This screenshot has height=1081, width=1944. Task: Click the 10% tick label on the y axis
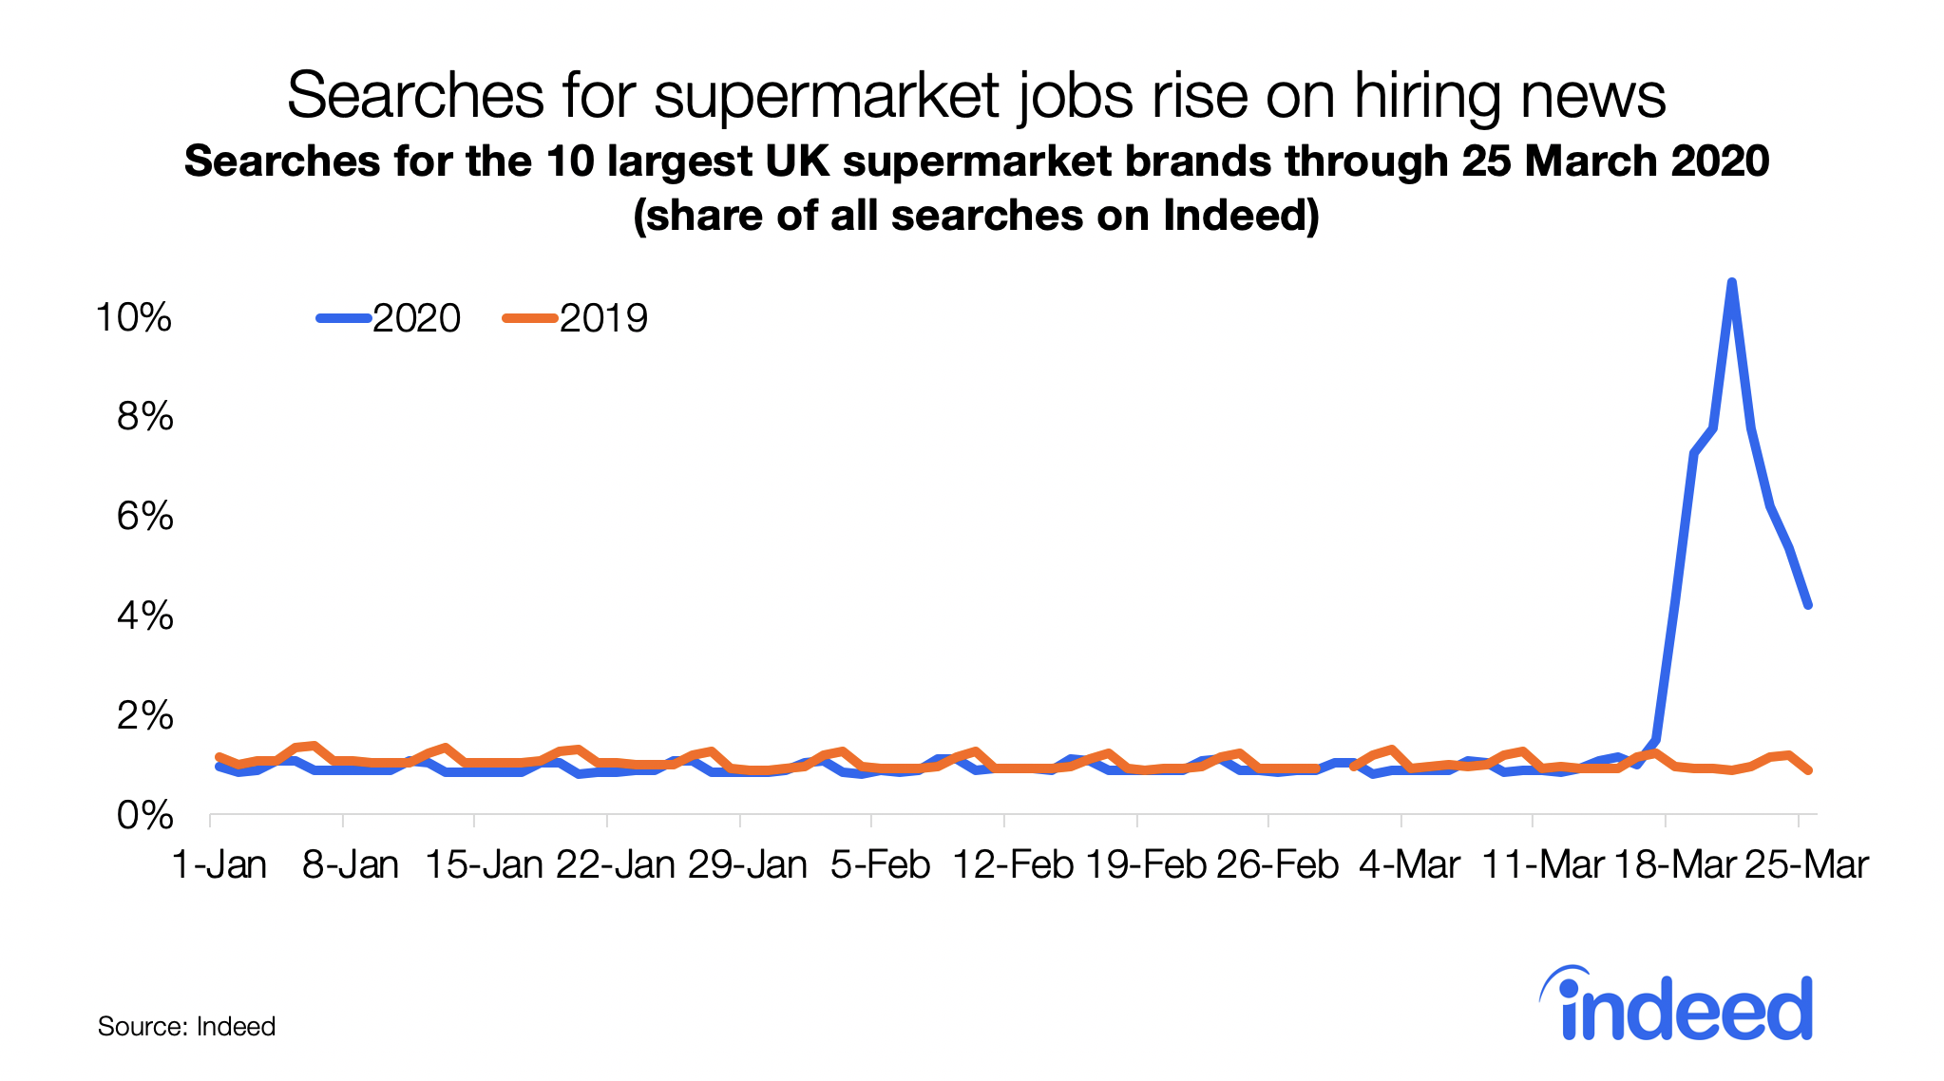pos(134,317)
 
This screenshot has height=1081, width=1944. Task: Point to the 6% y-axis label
pos(145,517)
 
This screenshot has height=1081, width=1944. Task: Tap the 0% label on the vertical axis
pos(145,816)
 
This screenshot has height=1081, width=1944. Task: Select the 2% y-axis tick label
pos(145,716)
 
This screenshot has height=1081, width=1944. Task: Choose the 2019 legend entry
pos(576,318)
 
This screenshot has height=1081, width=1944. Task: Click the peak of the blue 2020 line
pos(1731,282)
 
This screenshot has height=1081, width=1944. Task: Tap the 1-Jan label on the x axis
pos(219,864)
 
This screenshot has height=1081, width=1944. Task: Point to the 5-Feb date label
pos(881,864)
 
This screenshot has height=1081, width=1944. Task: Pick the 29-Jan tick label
pos(748,864)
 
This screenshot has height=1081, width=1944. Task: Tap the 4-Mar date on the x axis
pos(1410,864)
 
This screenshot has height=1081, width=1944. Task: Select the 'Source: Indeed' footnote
pos(186,1027)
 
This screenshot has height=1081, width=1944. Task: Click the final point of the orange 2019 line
pos(1808,770)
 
